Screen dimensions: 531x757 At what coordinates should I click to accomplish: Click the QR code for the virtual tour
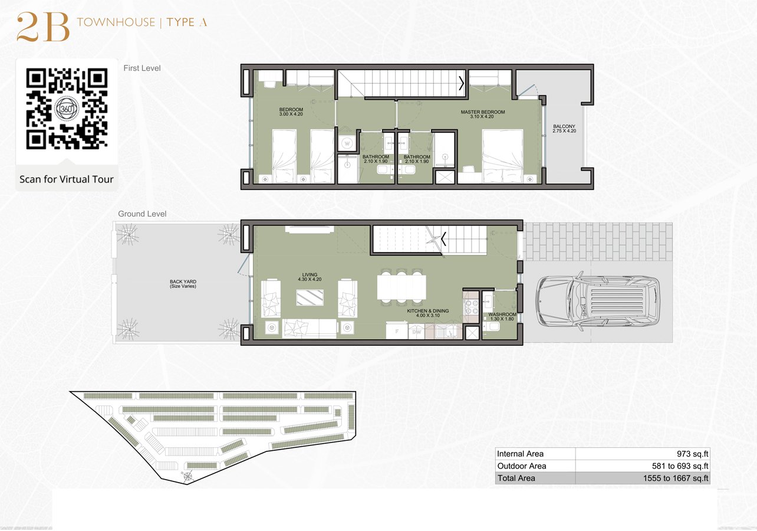click(67, 109)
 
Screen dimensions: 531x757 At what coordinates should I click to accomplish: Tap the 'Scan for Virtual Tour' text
click(67, 179)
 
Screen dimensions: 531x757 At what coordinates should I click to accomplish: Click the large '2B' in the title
click(43, 28)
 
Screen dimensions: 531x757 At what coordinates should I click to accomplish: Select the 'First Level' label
click(142, 68)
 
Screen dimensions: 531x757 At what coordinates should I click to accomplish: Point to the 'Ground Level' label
click(142, 214)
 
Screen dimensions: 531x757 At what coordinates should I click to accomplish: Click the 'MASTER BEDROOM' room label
click(482, 112)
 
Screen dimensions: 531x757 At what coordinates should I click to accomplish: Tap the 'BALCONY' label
click(564, 127)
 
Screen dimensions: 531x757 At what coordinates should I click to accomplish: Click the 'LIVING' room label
click(310, 275)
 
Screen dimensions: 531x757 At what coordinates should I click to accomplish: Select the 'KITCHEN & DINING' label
click(427, 310)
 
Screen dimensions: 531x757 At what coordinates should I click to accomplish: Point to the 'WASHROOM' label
click(502, 315)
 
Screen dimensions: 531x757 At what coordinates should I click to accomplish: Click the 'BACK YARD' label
click(183, 282)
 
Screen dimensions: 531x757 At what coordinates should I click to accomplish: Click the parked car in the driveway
click(597, 301)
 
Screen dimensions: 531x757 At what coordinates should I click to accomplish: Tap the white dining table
click(401, 286)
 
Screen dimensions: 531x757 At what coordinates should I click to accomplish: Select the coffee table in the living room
click(310, 296)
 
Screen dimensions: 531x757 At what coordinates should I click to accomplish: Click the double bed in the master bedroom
click(502, 156)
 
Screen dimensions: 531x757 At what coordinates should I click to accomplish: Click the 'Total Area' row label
click(516, 478)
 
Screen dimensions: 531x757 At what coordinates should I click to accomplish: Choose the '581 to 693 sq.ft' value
click(676, 466)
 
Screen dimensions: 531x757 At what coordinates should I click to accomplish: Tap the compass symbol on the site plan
click(188, 476)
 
